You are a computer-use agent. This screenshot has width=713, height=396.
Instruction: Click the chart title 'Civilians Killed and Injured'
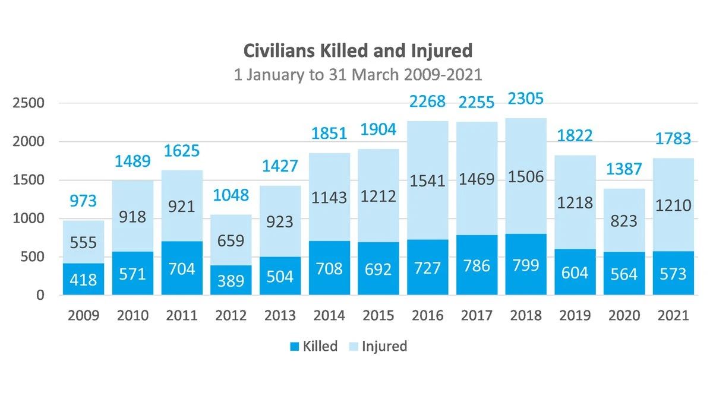pos(358,50)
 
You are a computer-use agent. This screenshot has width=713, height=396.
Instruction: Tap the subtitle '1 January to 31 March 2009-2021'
pos(358,75)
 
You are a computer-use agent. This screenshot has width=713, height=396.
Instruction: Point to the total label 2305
pos(526,98)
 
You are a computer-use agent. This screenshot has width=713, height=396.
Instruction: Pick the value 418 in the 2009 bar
pos(83,279)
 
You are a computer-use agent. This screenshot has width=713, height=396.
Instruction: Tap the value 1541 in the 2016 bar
pos(427,180)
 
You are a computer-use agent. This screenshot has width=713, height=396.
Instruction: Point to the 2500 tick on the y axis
pos(29,103)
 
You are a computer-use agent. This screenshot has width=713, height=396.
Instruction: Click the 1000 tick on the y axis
pos(29,218)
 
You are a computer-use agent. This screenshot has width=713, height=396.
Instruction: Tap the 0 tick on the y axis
pos(40,295)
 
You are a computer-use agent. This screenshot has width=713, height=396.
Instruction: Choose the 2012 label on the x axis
pos(231,315)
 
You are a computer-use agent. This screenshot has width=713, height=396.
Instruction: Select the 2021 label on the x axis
pos(673,315)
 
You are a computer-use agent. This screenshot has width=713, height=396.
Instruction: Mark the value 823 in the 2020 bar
pos(624,221)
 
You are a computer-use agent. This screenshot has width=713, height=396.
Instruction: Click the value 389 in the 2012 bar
pos(231,280)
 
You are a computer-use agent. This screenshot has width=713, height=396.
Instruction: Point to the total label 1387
pos(624,169)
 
